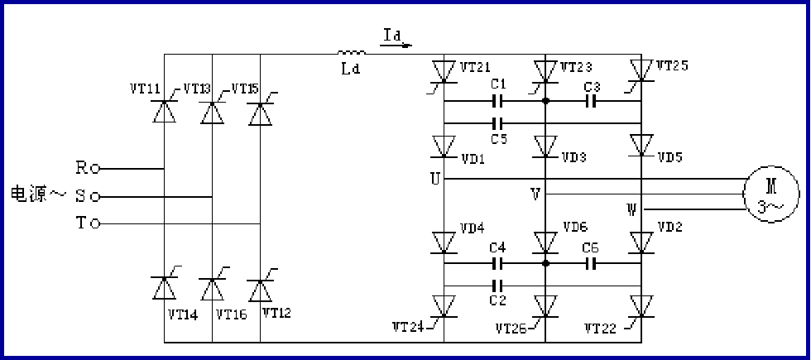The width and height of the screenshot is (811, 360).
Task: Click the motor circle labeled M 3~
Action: coord(773,194)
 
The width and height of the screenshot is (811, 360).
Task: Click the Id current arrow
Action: coord(396,40)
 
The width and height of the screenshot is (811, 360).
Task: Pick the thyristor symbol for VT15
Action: coord(261,112)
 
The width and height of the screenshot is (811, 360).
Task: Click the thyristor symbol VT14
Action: coord(164,288)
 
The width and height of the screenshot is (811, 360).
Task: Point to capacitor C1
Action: coord(497,102)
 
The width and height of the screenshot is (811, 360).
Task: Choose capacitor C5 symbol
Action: coord(497,123)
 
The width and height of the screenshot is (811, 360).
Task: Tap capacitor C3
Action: coord(592,102)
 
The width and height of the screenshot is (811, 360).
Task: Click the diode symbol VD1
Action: coord(444,146)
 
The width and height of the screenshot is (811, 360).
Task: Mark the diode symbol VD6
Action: coord(545,242)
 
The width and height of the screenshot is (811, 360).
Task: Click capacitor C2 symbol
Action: coord(497,286)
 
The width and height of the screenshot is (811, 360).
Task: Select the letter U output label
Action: coord(434,178)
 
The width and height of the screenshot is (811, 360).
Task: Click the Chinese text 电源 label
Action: coord(30,196)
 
